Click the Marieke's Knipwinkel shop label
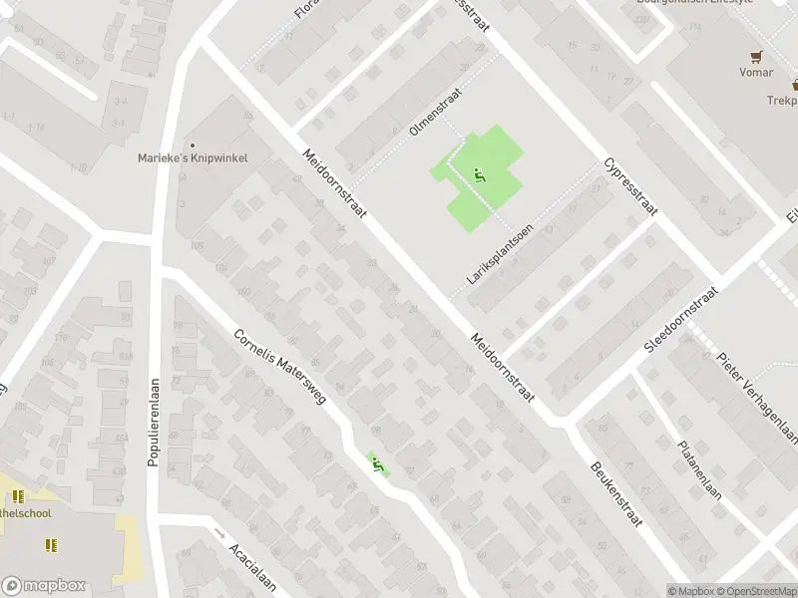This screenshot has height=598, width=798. [193, 157]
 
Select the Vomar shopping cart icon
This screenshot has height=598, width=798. [757, 58]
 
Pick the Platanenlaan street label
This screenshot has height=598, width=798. [698, 469]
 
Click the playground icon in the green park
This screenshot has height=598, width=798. [479, 175]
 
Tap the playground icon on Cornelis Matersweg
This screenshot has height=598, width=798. [377, 463]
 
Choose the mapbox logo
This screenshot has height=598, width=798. [43, 586]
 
